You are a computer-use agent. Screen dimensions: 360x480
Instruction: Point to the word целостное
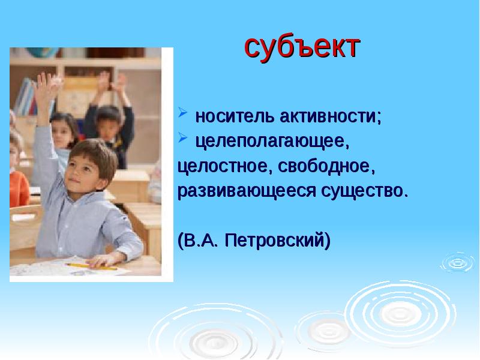pos(221,165)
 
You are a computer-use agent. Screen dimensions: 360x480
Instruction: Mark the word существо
pos(364,190)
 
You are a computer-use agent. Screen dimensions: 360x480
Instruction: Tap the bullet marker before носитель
pos(182,115)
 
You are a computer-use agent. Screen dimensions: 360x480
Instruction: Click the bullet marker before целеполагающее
pos(182,140)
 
